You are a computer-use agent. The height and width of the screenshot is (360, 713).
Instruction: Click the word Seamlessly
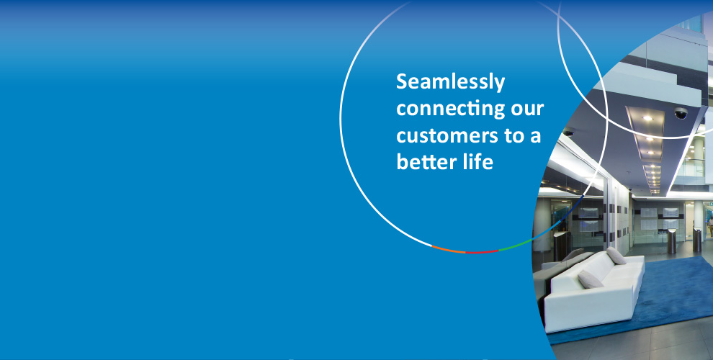click(x=451, y=82)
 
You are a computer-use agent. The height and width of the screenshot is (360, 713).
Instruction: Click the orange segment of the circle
click(x=448, y=250)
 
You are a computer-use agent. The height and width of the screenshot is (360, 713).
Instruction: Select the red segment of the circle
click(x=482, y=252)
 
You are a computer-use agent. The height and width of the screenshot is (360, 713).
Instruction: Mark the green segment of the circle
click(x=516, y=246)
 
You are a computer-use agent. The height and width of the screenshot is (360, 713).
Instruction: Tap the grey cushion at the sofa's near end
click(x=591, y=279)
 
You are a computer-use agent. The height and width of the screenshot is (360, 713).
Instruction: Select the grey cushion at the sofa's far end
click(x=616, y=256)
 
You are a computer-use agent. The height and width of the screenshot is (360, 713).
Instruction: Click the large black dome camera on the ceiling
click(x=681, y=113)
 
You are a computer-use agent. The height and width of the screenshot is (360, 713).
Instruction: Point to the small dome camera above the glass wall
click(x=568, y=133)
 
